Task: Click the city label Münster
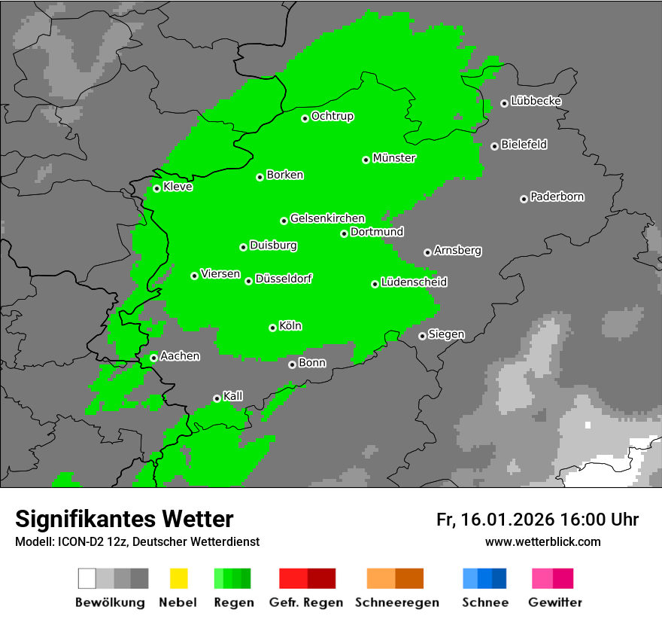(394, 158)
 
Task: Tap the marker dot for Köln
(273, 328)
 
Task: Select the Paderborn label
(557, 197)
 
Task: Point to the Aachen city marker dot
(154, 358)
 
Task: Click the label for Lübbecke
(536, 101)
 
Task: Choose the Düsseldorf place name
(284, 279)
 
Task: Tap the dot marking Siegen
(423, 336)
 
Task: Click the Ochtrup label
(333, 116)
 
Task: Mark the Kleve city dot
(157, 188)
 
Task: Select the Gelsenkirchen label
(327, 218)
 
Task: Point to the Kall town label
(233, 395)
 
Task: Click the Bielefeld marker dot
(495, 146)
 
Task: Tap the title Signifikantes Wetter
(124, 520)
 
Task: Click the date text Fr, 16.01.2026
(495, 520)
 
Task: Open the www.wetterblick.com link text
(542, 541)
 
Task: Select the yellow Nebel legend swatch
(178, 578)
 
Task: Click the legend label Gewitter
(555, 602)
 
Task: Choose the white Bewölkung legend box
(87, 578)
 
